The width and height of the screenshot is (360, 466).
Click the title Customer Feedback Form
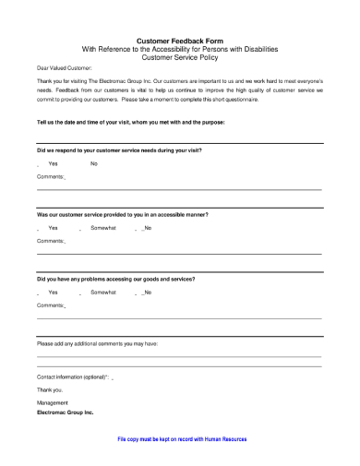pos(180,42)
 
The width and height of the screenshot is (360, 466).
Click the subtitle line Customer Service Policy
pos(180,56)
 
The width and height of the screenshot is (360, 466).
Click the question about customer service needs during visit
pos(119,149)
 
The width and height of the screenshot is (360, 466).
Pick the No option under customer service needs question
pos(94,163)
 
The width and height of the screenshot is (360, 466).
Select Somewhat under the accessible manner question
pos(103,227)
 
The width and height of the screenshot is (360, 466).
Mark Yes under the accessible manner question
pos(53,227)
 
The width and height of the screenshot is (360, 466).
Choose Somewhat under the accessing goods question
pos(103,292)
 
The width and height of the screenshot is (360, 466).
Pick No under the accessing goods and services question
pos(148,292)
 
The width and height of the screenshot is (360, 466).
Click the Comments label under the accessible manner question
pos(51,240)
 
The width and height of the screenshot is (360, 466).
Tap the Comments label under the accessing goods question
pos(51,305)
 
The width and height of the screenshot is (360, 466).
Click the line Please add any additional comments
pos(97,342)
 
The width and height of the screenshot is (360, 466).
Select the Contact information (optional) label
pos(73,377)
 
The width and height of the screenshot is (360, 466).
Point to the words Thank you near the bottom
pos(50,389)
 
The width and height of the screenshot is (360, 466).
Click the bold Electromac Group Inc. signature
pos(66,412)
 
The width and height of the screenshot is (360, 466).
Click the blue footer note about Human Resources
pos(182,439)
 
